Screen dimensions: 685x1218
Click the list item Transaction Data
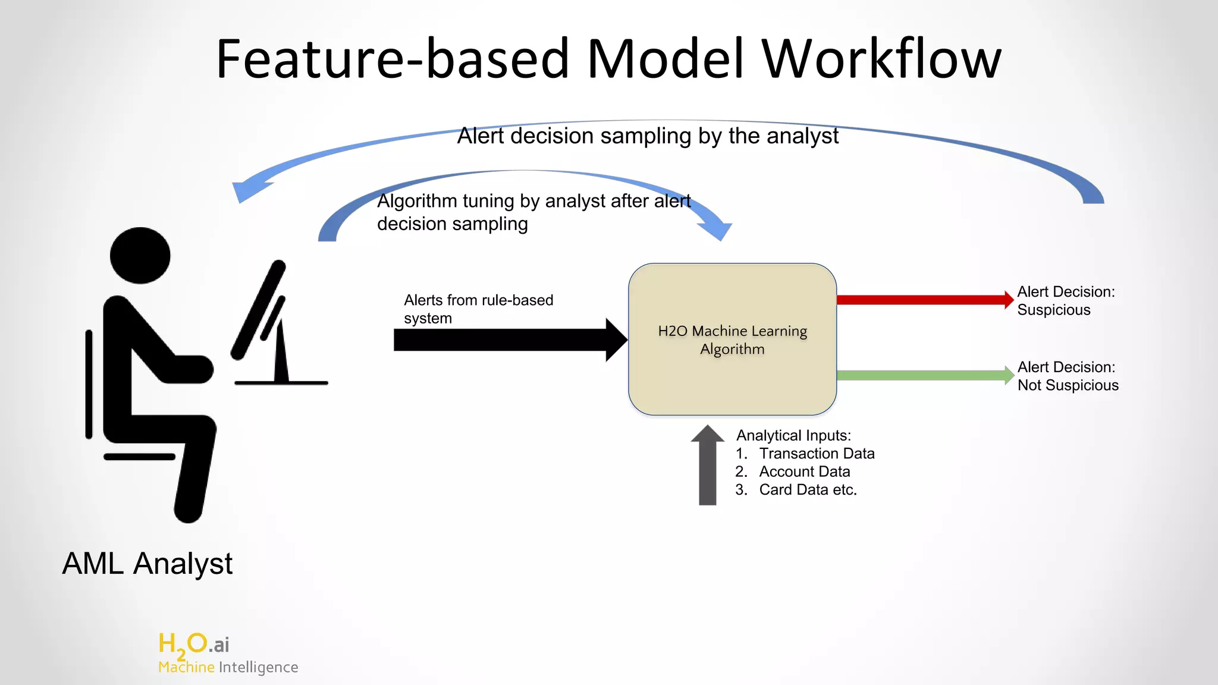click(x=816, y=454)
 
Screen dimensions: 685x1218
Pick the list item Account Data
click(x=804, y=472)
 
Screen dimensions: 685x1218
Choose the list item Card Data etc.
click(x=807, y=490)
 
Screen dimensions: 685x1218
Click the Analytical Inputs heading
click(x=793, y=435)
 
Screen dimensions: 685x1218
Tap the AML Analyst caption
click(x=147, y=563)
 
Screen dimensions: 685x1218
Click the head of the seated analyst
click(x=140, y=255)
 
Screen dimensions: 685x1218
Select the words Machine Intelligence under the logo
click(x=228, y=667)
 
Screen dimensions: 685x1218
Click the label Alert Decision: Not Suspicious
click(x=1068, y=376)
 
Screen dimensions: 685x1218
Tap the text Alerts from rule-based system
click(x=478, y=309)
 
